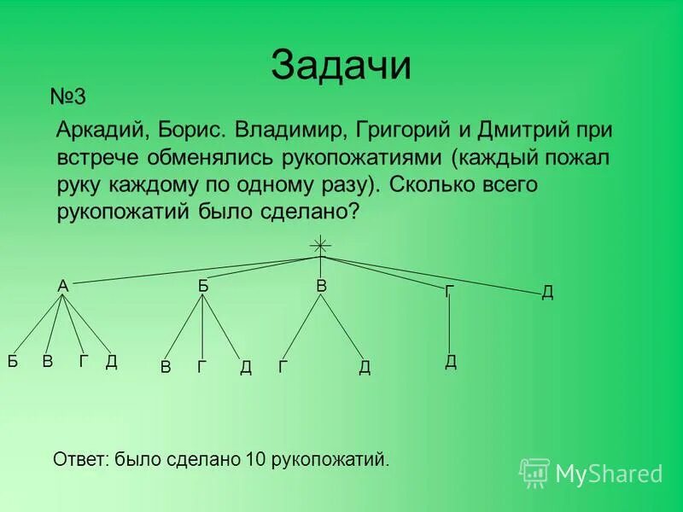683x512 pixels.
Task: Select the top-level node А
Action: [62, 287]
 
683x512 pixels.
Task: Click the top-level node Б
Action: [203, 287]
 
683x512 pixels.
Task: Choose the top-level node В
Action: [321, 287]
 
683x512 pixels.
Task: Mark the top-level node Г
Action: [449, 292]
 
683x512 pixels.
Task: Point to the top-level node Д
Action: [547, 293]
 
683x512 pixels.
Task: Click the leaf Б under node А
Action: [13, 361]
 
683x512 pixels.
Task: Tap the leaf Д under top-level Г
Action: [451, 361]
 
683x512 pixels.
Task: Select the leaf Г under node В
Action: [283, 367]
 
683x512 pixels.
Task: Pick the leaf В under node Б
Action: [166, 367]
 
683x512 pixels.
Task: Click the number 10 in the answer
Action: [254, 460]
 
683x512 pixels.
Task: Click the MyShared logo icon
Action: [534, 472]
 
